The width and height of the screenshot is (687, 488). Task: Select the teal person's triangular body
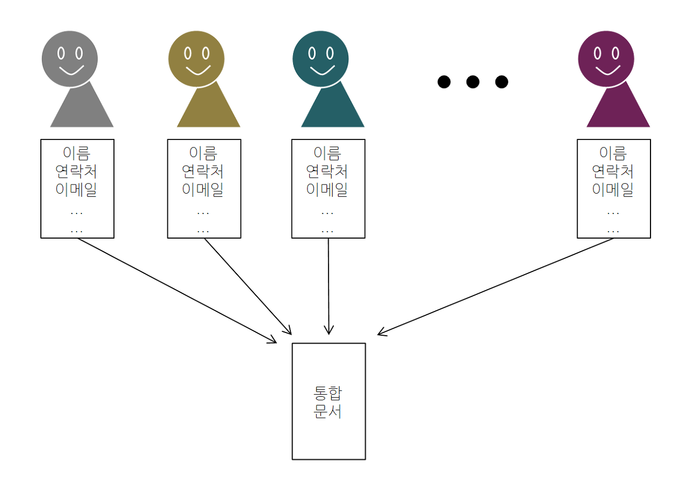[332, 110]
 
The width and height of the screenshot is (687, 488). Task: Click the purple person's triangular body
[618, 110]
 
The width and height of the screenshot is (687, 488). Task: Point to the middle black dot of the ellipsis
[472, 82]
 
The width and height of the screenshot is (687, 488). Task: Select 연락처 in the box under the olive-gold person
[203, 172]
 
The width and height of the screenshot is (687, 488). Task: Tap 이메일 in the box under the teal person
[327, 189]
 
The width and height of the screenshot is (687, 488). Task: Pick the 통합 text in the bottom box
[327, 394]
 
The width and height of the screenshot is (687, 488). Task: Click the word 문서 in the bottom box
[327, 412]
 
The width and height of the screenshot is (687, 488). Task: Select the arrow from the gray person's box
[177, 290]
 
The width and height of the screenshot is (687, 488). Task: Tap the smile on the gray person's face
[70, 70]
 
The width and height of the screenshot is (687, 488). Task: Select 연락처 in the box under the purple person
[613, 172]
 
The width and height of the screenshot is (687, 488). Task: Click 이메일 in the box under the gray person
[77, 189]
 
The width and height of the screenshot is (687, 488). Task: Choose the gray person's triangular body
[82, 110]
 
